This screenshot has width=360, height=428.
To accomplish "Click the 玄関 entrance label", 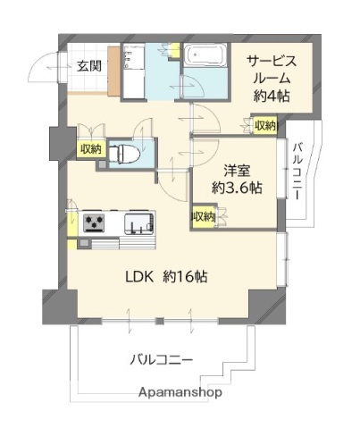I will click(88, 65).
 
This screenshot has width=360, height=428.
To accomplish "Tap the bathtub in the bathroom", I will click(208, 57).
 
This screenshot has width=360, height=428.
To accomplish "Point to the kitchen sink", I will click(140, 222).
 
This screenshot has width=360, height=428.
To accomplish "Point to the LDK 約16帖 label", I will click(164, 277).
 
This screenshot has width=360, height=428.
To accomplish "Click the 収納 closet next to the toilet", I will click(91, 149).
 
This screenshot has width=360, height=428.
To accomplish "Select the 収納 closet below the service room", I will click(266, 126).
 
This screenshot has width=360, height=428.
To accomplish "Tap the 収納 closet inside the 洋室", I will click(203, 216).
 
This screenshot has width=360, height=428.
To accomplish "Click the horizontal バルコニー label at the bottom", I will click(162, 360).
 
